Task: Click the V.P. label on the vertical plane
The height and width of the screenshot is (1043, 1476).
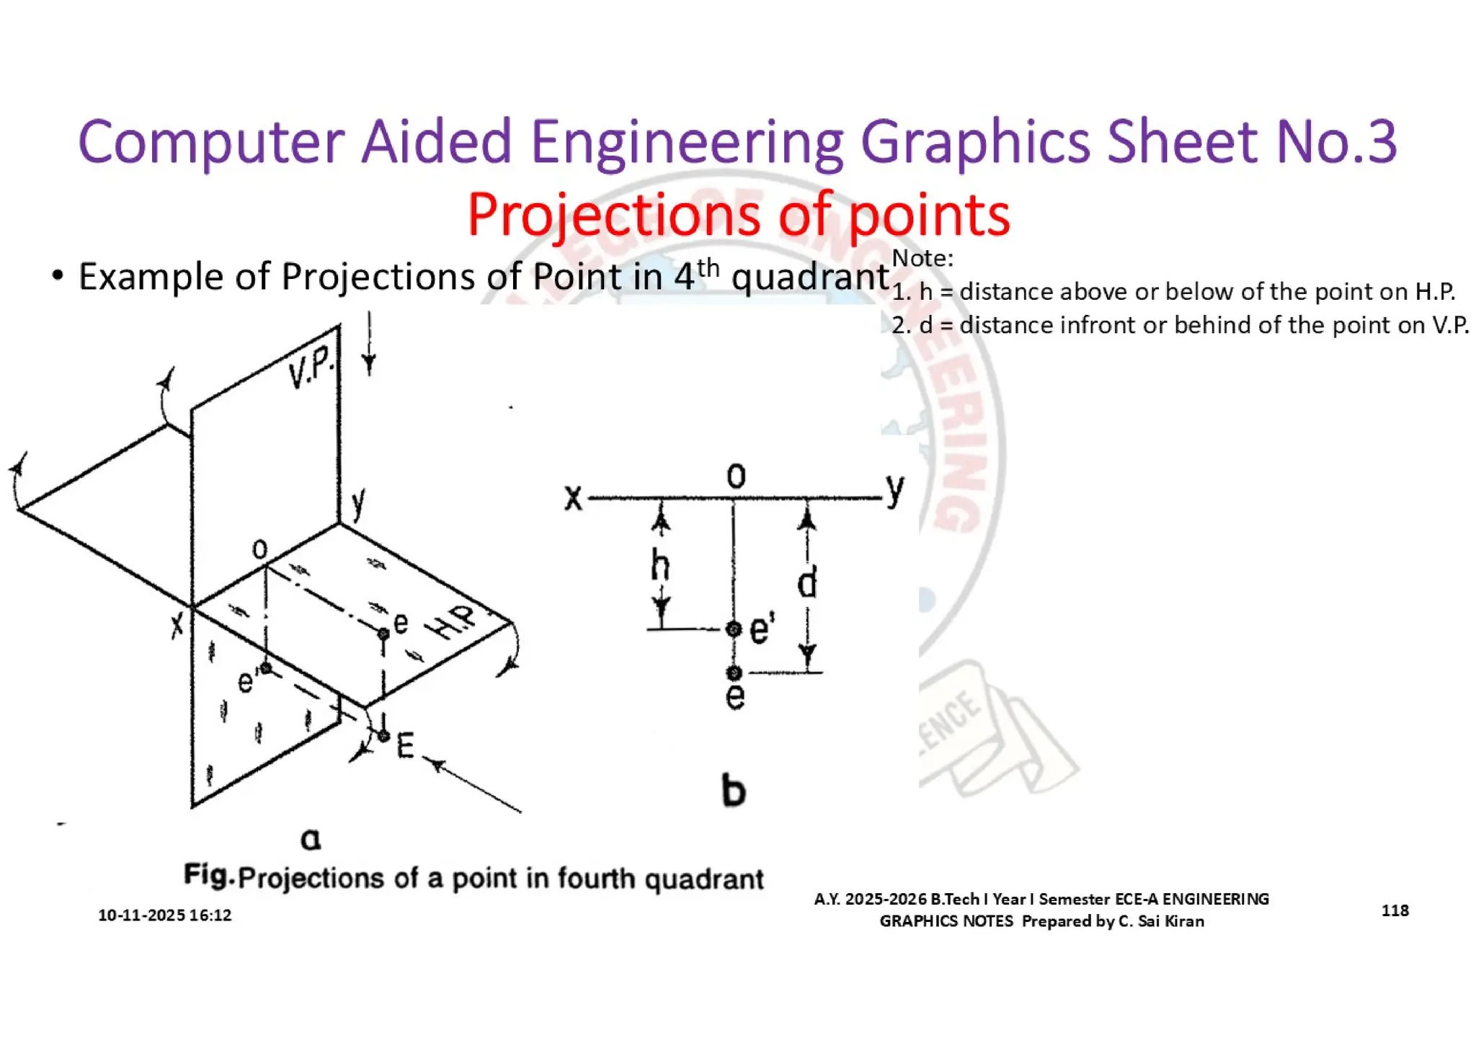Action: [x=311, y=368]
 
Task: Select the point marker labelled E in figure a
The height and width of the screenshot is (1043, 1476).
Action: [x=383, y=736]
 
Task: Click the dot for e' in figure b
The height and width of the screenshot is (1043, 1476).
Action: [x=734, y=629]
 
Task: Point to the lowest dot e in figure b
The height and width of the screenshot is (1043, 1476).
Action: [x=734, y=673]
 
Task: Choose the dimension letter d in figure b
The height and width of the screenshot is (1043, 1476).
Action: [x=808, y=582]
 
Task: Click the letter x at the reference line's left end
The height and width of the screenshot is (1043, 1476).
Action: [x=573, y=497]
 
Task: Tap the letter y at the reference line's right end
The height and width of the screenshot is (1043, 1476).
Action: [x=895, y=490]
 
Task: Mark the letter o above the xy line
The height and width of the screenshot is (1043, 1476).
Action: [x=736, y=476]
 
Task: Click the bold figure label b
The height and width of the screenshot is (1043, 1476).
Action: [x=734, y=791]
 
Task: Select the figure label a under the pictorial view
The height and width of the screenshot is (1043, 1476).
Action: [x=311, y=839]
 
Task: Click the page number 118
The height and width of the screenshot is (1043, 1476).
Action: [x=1395, y=910]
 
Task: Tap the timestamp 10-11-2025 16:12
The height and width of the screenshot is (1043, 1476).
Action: [x=165, y=915]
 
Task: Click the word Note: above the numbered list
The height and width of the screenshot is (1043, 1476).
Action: [x=922, y=258]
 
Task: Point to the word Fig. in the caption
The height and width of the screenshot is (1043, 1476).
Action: [x=209, y=876]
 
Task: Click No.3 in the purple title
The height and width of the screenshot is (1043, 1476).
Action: [x=1336, y=142]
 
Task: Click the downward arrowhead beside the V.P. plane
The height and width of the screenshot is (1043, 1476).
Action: [x=369, y=364]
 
